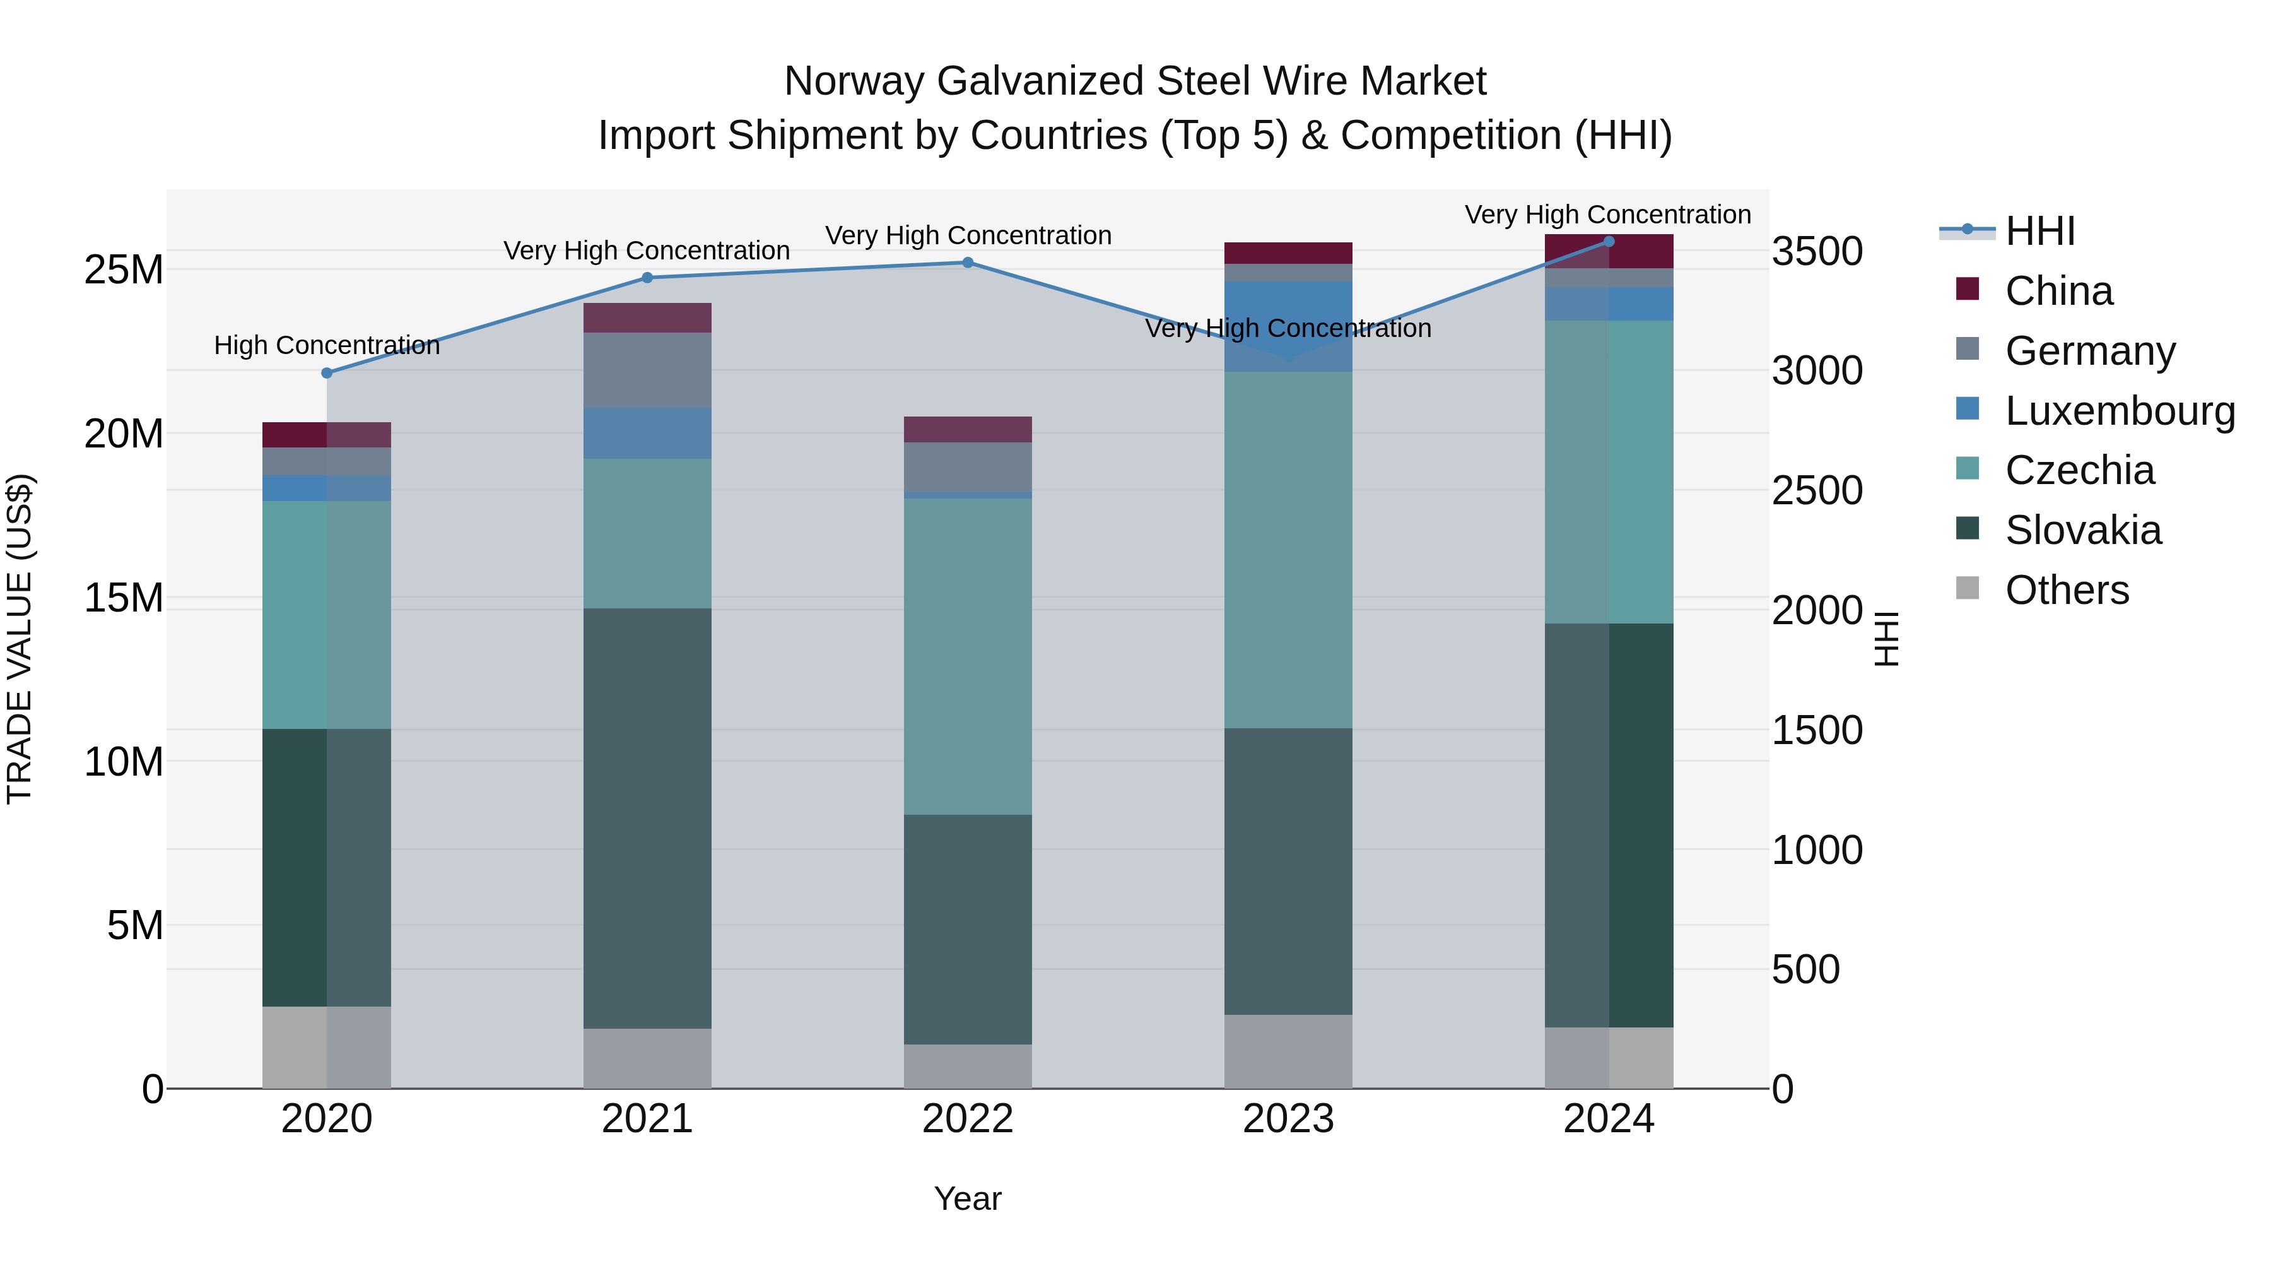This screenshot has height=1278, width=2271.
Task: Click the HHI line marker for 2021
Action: [647, 278]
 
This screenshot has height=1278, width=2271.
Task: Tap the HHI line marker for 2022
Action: [967, 263]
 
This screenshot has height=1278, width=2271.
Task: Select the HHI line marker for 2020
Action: [327, 373]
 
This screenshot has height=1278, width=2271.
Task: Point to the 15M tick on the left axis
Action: [124, 599]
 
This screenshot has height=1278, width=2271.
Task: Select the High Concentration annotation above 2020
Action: [327, 346]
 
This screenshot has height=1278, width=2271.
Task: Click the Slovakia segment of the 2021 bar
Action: [647, 819]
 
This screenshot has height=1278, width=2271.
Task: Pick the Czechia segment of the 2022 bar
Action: [967, 656]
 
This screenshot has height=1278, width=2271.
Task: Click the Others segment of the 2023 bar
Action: [1288, 1051]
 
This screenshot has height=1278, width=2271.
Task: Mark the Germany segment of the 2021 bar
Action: [647, 370]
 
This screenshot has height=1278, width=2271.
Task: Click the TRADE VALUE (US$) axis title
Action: [20, 639]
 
